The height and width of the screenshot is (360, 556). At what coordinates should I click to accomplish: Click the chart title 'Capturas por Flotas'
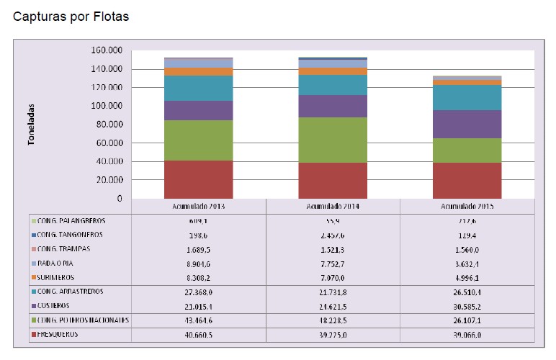coord(71,17)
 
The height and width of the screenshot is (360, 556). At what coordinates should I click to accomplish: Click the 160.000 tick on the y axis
coord(106,50)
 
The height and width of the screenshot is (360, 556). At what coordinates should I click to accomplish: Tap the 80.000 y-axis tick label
coord(108,125)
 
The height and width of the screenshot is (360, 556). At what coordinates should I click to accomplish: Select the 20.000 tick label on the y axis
coord(108,180)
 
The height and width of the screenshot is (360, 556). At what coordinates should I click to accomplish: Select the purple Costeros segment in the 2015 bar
coord(467,124)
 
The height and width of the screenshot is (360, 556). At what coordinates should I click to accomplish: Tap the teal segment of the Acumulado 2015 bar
coord(467,97)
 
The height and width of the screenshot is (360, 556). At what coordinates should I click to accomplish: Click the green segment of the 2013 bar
coord(198,140)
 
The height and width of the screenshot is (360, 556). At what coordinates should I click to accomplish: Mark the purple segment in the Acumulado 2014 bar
coord(333,106)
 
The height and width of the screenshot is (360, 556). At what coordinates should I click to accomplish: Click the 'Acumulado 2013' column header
coord(198,205)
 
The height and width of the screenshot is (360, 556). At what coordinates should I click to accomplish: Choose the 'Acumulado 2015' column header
coord(467,205)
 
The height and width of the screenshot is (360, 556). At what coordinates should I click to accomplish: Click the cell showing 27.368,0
coord(198,292)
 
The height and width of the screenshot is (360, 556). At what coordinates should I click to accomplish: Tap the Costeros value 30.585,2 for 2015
coord(467,306)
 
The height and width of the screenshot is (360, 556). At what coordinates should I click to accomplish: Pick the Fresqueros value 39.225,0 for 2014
coord(333,335)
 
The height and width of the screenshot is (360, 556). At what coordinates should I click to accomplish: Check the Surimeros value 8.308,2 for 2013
coord(198,276)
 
